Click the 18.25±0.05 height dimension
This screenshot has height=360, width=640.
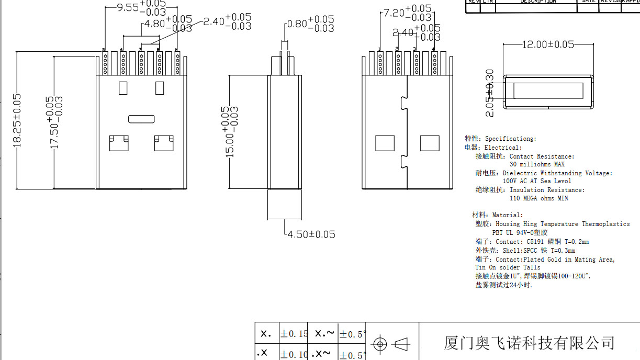point(17,120)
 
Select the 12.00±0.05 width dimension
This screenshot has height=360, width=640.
point(548,44)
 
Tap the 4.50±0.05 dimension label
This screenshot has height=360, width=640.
point(311,234)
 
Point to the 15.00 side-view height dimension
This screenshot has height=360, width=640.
point(229,131)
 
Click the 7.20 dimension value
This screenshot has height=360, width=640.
point(394,13)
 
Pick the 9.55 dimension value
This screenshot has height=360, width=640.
point(127,7)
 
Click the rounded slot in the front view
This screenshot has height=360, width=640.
point(141,118)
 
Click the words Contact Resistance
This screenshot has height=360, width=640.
point(542,156)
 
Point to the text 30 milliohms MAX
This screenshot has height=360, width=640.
point(537,164)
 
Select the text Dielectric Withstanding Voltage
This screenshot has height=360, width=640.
point(557,173)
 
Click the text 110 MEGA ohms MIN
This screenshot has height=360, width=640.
point(539,198)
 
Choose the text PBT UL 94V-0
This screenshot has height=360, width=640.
point(515,232)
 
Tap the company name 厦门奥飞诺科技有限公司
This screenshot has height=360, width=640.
point(529,343)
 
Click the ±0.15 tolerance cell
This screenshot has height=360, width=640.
point(294,333)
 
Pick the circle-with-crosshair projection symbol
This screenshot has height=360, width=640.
point(380,344)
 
